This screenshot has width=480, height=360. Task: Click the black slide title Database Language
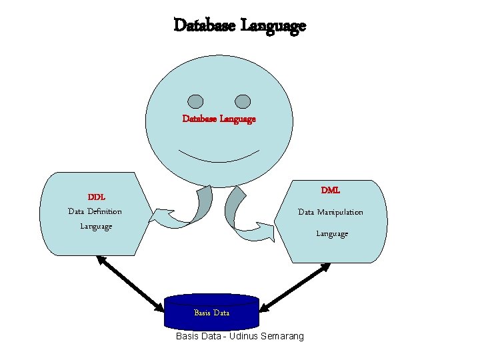pos(239,26)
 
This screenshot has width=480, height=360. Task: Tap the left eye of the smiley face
pos(195,101)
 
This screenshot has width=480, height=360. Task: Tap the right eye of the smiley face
pos(243,101)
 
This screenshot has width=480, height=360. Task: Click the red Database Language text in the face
pos(219,119)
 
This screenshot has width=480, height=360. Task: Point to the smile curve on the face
pos(219,159)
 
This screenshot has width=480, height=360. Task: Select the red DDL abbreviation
pos(97,197)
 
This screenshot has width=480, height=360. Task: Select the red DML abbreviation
pos(330,190)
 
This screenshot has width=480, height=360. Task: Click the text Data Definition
pos(95,211)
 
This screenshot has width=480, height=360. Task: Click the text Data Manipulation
pos(331,212)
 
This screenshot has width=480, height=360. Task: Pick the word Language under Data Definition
pos(96,226)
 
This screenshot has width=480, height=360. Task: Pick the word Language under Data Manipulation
pos(331,233)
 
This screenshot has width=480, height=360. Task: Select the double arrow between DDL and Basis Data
pos(130,283)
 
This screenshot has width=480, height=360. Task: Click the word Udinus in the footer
pos(246,336)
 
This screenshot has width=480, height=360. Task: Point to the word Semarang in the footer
pos(283,336)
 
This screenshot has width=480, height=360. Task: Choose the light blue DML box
pos(363,247)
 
